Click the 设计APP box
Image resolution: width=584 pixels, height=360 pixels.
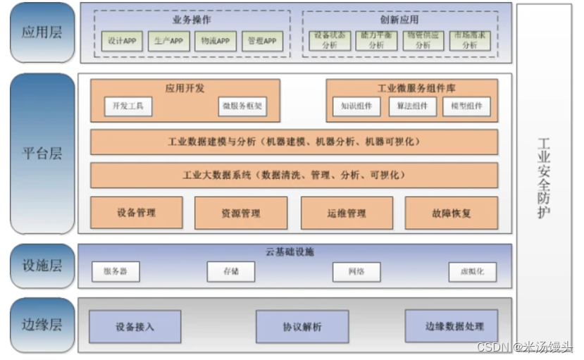[122, 41]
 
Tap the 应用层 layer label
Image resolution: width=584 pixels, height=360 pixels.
[42, 32]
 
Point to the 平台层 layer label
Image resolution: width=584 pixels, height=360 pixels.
[42, 153]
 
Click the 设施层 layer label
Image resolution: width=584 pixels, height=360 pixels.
[42, 265]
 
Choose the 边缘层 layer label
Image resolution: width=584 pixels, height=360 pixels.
[42, 324]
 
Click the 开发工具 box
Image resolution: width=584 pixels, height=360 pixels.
[128, 106]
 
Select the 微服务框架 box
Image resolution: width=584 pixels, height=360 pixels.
[242, 106]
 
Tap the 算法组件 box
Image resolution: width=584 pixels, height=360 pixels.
[411, 106]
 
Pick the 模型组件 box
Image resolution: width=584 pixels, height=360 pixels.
[466, 106]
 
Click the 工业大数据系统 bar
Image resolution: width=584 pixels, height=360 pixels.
[294, 175]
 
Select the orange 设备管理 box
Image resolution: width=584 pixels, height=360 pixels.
[137, 212]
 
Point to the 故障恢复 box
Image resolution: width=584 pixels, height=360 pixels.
[451, 212]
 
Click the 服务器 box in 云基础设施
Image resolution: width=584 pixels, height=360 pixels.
[116, 271]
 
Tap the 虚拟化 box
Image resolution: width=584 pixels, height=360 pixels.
[472, 271]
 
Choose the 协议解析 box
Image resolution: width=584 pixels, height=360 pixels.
[302, 326]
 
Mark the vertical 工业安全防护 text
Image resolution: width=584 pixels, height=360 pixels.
[543, 176]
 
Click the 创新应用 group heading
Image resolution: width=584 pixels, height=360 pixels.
[399, 20]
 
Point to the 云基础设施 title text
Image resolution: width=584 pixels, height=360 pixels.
[294, 252]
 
